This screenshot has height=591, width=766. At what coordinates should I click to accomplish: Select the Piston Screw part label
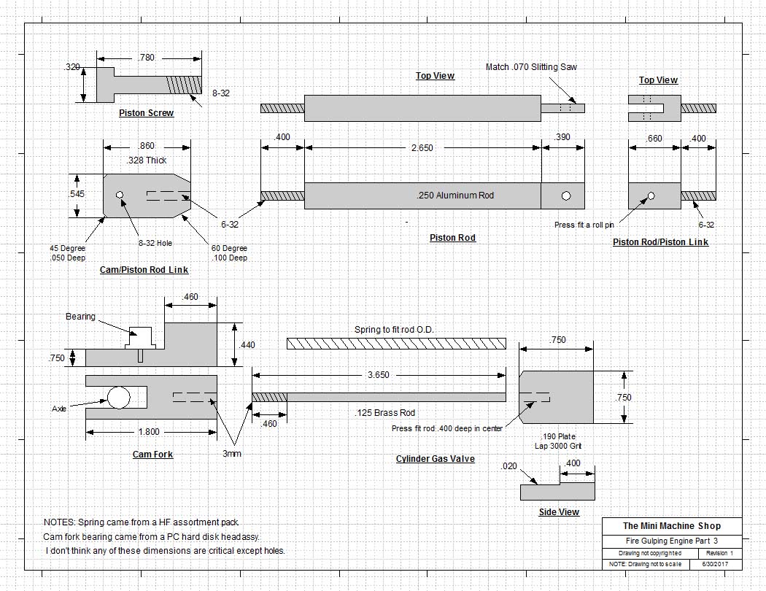[x=147, y=113]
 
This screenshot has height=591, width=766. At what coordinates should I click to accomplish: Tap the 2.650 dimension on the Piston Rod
[x=421, y=147]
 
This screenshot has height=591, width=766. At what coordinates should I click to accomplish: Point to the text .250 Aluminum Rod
[x=454, y=196]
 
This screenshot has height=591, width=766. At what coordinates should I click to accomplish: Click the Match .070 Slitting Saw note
[x=531, y=67]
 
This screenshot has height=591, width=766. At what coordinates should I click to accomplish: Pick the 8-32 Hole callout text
[x=155, y=244]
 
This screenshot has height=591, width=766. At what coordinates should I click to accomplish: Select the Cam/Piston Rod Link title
[x=144, y=270]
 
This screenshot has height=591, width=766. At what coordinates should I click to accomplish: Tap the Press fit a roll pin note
[x=584, y=225]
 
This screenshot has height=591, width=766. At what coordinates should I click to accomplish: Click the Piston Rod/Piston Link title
[x=660, y=242]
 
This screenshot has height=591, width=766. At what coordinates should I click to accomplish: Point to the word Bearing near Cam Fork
[x=80, y=317]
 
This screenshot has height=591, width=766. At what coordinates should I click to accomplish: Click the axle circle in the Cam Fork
[x=118, y=397]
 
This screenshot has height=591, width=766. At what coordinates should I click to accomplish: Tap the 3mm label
[x=232, y=453]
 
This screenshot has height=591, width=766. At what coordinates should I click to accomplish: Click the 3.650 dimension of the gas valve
[x=377, y=375]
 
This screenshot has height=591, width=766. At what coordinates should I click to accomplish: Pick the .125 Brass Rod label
[x=384, y=413]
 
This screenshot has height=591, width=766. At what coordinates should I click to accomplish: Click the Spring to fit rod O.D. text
[x=394, y=330]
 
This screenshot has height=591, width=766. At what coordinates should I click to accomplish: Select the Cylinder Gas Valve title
[x=435, y=459]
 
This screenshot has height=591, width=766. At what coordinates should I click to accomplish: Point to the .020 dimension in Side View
[x=509, y=466]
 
